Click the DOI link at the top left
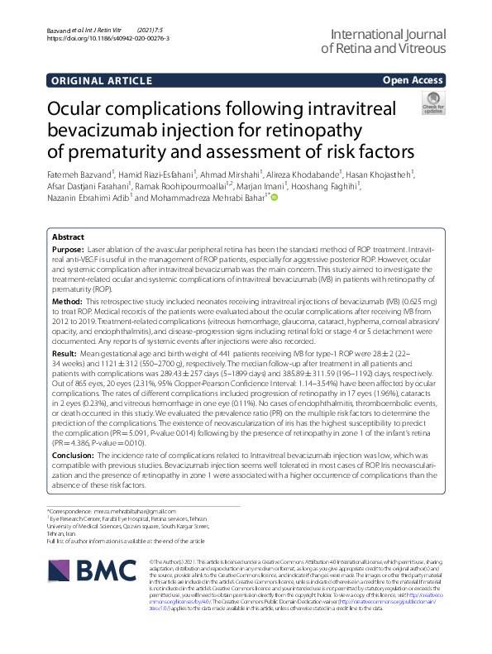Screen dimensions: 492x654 pyautogui.click(x=108, y=38)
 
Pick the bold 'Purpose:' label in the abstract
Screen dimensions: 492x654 pyautogui.click(x=67, y=249)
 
